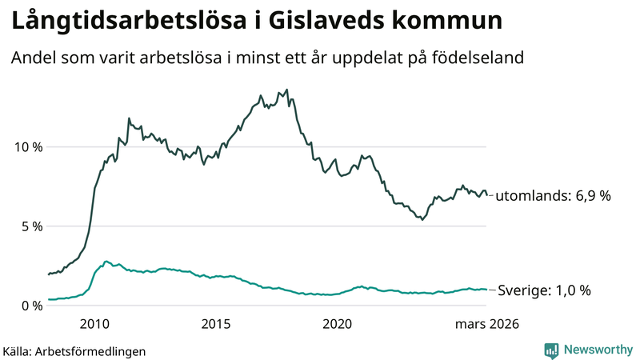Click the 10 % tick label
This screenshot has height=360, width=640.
click(x=26, y=147)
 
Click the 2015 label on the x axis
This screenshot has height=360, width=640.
click(x=215, y=324)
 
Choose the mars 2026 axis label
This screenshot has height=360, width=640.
click(x=487, y=324)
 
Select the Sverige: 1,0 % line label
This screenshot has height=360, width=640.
click(x=544, y=290)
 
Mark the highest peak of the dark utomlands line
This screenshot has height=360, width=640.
click(x=287, y=90)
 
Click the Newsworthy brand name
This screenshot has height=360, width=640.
click(x=597, y=350)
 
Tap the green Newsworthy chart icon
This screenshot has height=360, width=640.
click(x=551, y=350)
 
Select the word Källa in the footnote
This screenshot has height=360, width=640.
click(x=17, y=350)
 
